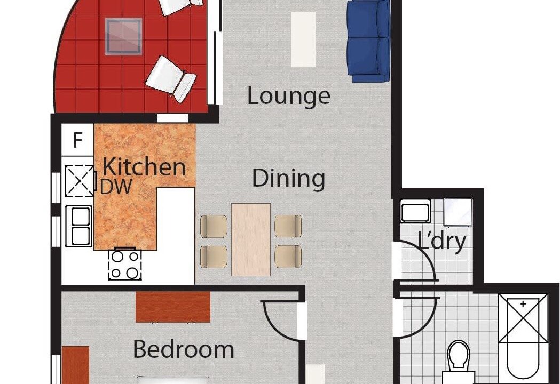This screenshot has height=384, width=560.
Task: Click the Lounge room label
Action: coord(289,97)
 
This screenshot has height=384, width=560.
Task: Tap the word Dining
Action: coord(289,178)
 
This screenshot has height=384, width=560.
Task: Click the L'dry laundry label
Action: coord(442,242)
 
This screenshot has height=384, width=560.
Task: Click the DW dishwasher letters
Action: coord(116,186)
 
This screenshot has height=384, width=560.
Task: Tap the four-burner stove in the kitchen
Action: coord(124,265)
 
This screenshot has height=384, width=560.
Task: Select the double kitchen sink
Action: coord(79,226)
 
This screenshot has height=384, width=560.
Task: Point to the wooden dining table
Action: coord(251,239)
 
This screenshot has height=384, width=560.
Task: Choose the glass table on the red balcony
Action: coord(123,37)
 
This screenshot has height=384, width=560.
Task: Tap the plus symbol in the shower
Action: coord(523,304)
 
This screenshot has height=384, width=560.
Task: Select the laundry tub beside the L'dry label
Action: coord(415,212)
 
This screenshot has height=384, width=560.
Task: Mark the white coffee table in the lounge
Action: coord(304,39)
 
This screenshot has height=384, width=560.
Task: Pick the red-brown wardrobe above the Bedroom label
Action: coord(173,307)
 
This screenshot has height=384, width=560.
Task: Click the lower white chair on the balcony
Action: coord(171,79)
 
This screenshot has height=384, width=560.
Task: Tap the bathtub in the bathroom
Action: coord(523,336)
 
